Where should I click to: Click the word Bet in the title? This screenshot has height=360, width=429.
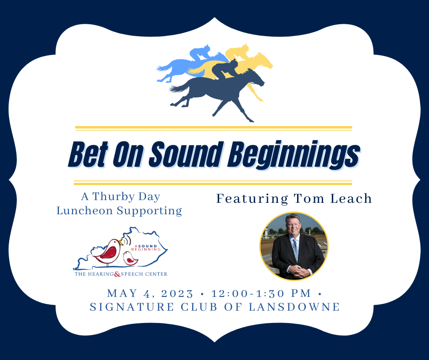coord(89,154)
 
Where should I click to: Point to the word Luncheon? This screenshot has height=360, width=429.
coord(84,211)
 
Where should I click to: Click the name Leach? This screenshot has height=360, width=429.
coord(351,199)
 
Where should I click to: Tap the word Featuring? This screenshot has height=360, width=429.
coord(252,199)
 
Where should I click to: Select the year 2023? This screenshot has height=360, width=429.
coord(177,294)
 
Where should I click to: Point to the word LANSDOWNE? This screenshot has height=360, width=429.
coord(294,307)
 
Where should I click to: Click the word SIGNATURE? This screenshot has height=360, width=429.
coord(132,307)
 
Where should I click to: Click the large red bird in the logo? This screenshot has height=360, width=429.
coord(109,251)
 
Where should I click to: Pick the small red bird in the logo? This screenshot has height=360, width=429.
coord(130,259)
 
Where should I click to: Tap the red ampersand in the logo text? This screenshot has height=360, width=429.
coord(117,274)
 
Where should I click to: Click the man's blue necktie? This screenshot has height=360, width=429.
coord(295,249)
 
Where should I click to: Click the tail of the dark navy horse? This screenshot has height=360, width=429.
coord(180,88)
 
